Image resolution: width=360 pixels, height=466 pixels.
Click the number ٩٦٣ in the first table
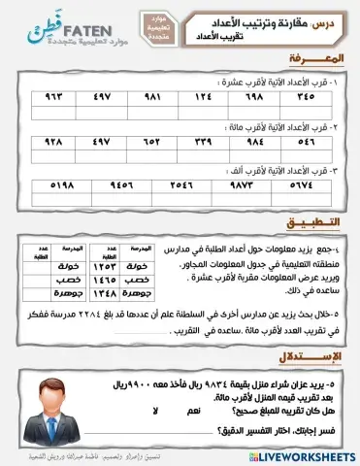47,96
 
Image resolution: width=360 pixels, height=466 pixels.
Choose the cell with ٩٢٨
47,141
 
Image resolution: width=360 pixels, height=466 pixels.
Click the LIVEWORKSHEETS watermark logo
305,455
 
